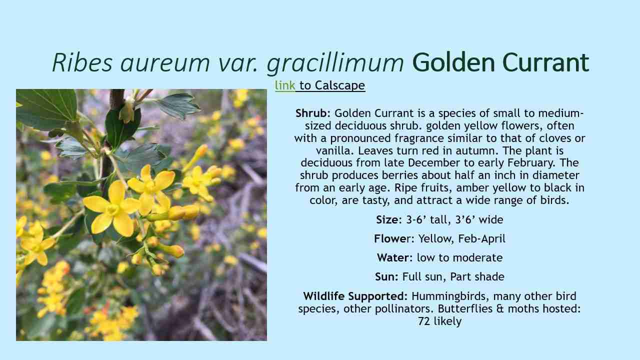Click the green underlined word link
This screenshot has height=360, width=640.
pos(285,85)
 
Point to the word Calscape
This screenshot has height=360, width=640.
pos(340,85)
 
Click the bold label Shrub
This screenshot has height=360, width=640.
pos(310,113)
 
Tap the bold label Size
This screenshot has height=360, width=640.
pos(387,219)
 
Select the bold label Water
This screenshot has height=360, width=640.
pos(393,257)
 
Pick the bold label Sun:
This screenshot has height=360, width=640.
pos(386,276)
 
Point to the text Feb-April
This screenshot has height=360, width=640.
pos(481,238)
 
